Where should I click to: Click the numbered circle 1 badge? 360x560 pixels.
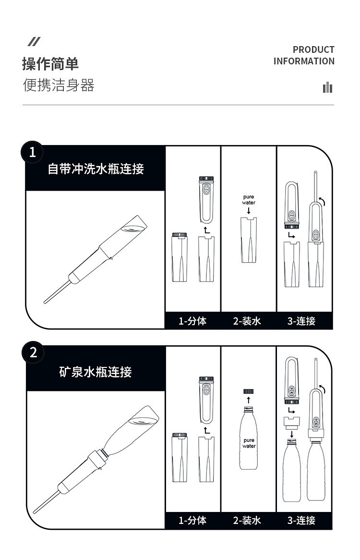(32, 152)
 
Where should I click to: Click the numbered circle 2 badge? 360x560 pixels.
(33, 353)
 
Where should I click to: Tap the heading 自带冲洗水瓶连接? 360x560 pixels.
(96, 169)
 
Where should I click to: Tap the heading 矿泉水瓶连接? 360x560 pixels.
(96, 372)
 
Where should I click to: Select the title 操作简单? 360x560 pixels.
(50, 64)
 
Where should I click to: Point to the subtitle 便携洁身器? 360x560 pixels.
(59, 85)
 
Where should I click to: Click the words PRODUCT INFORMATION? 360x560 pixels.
(304, 55)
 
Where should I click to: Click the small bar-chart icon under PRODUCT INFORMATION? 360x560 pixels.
(327, 87)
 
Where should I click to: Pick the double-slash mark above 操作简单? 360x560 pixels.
(34, 41)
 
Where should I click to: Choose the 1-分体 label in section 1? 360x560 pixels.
(192, 321)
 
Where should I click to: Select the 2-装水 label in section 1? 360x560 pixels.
(247, 321)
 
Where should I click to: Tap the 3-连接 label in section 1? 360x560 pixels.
(301, 321)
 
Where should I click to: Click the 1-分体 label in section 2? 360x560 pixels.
(192, 520)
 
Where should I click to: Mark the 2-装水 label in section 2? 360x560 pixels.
(247, 520)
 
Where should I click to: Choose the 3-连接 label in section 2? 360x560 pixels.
(301, 520)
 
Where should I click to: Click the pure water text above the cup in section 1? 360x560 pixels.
(249, 200)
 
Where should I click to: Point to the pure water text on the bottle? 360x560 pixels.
(249, 443)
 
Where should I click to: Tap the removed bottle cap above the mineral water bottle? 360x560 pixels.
(248, 391)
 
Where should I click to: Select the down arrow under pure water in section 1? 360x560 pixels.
(249, 210)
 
